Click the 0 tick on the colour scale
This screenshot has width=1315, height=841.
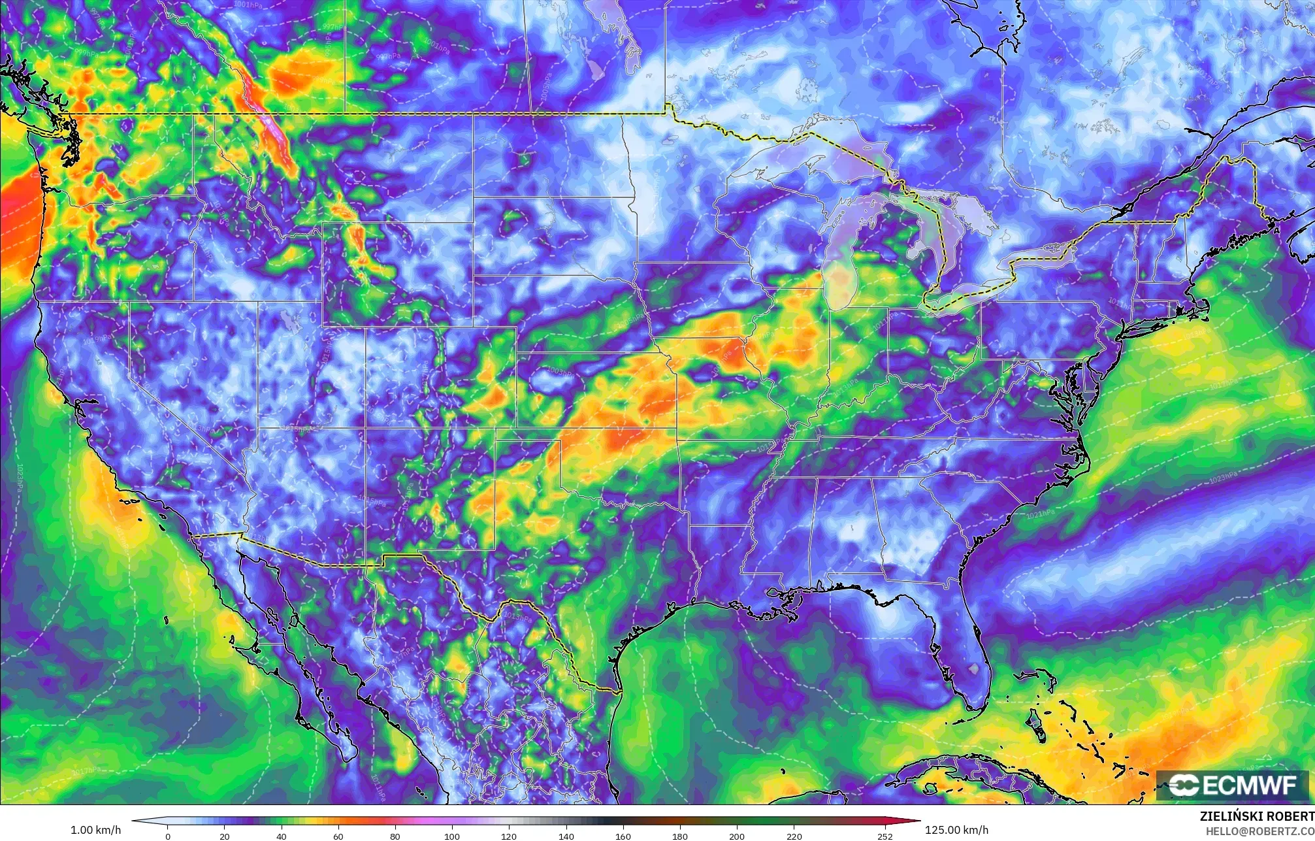click(168, 836)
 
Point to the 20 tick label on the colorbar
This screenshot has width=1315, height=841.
click(225, 836)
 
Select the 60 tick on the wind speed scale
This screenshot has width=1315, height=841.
click(338, 836)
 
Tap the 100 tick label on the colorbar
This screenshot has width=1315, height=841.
click(452, 836)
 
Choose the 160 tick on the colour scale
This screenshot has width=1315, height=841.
click(623, 836)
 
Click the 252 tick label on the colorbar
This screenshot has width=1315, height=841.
click(885, 836)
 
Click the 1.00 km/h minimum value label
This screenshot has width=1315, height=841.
click(95, 830)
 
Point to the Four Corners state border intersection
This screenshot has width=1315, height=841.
click(365, 428)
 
